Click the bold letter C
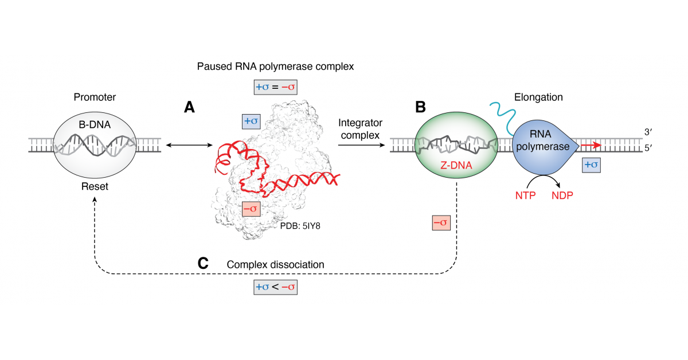tap(202, 264)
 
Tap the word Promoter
tap(95, 97)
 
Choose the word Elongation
tap(539, 97)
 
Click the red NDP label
tap(562, 195)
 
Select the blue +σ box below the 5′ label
tap(592, 165)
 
